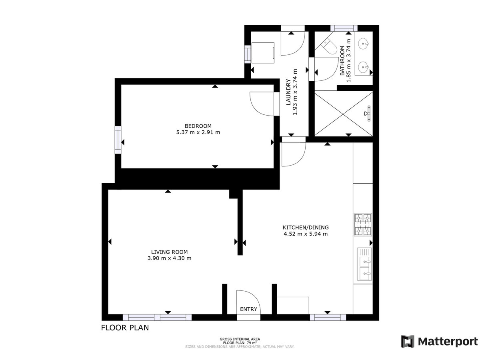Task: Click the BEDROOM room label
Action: pyautogui.click(x=198, y=126)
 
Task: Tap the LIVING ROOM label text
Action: pyautogui.click(x=169, y=252)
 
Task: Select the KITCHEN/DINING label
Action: pyautogui.click(x=305, y=227)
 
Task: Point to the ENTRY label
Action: pyautogui.click(x=248, y=309)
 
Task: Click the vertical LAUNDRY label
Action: pyautogui.click(x=288, y=92)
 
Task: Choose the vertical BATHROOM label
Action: pyautogui.click(x=342, y=61)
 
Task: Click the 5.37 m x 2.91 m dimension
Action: pyautogui.click(x=198, y=132)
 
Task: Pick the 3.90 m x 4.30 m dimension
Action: pyautogui.click(x=169, y=258)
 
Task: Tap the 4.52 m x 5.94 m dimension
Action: pyautogui.click(x=306, y=234)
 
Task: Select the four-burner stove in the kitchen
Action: pyautogui.click(x=363, y=224)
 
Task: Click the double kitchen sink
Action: pyautogui.click(x=364, y=264)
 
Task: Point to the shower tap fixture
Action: pyautogui.click(x=368, y=113)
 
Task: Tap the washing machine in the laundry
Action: pyautogui.click(x=263, y=53)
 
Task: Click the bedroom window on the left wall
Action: pyautogui.click(x=118, y=140)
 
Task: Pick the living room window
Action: pyautogui.click(x=157, y=317)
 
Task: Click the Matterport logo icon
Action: pyautogui.click(x=407, y=341)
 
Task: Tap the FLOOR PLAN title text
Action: pyautogui.click(x=125, y=328)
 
